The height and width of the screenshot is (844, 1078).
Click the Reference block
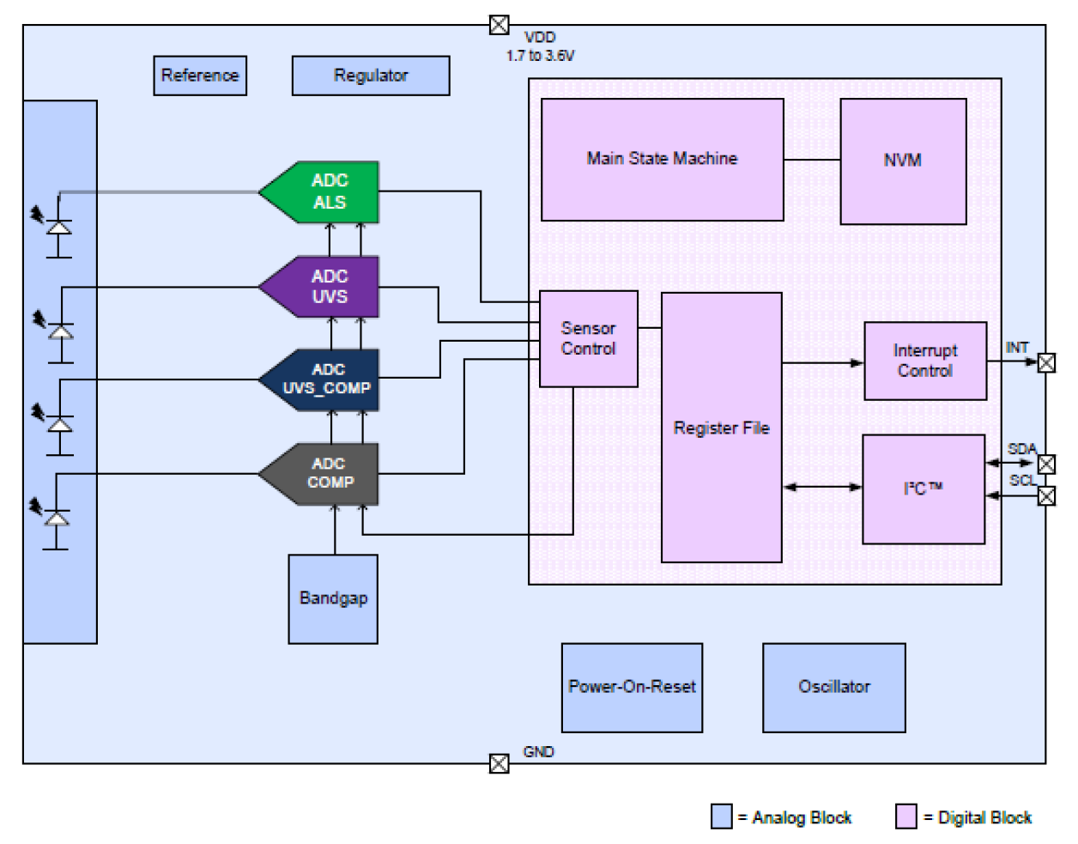tap(200, 76)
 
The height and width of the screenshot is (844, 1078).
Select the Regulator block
tap(371, 76)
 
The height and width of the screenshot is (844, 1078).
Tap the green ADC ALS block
tap(326, 191)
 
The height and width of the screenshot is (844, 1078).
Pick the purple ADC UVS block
tap(326, 287)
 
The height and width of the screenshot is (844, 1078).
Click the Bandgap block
tap(333, 598)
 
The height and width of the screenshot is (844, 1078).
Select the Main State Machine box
tap(662, 159)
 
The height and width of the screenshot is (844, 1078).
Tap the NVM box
tap(903, 161)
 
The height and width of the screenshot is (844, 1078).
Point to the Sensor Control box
tap(588, 338)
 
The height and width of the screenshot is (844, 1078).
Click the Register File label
tap(721, 428)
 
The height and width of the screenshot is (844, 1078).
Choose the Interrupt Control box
tap(924, 361)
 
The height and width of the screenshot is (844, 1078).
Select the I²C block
tap(923, 489)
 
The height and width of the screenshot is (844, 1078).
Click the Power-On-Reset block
tap(632, 687)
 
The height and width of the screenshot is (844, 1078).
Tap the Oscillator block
tap(833, 687)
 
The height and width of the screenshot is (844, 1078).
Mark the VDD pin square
tap(499, 25)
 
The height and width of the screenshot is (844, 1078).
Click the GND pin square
tap(499, 763)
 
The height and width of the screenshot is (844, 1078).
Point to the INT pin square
tap(1046, 363)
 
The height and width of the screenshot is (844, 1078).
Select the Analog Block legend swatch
tap(721, 817)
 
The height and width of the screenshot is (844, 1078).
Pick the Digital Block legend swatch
tap(905, 817)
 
